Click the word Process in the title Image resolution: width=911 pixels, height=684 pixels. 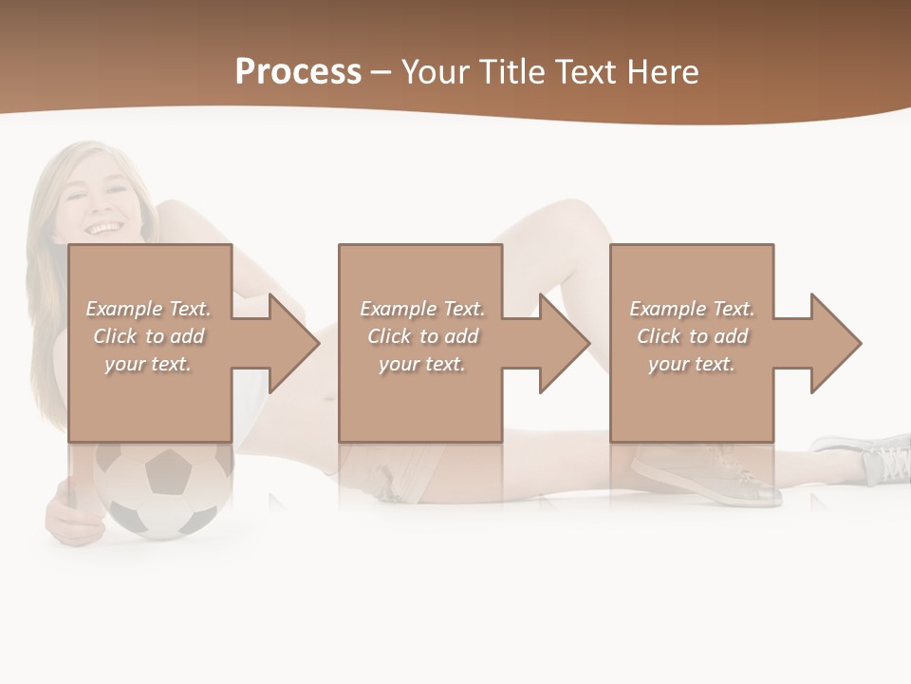coord(298,71)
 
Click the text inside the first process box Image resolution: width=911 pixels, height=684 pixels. coord(148,336)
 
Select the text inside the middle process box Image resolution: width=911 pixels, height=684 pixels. coord(421,336)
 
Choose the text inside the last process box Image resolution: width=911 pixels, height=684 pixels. coord(692,336)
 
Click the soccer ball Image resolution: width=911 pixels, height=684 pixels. coord(162,489)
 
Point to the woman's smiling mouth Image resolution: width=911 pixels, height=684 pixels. coord(103,229)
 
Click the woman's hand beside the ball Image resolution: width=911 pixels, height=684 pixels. coord(70,513)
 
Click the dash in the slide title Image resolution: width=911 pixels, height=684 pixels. coord(381,71)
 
